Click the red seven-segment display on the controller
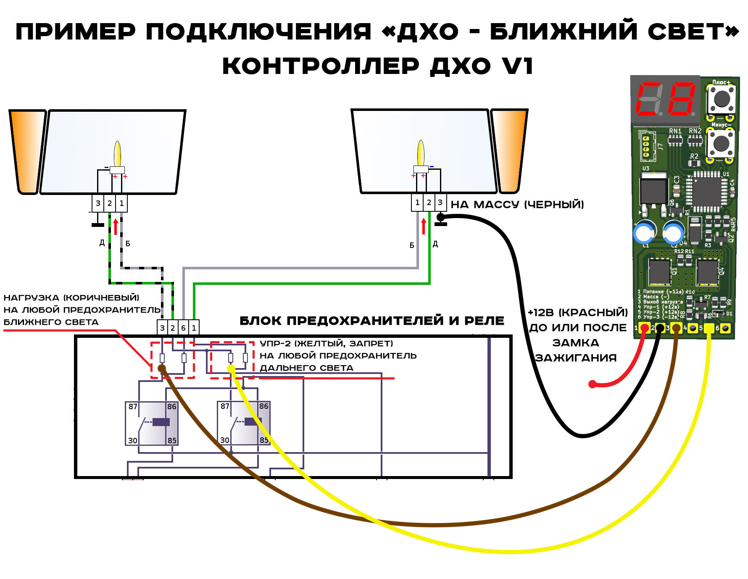(666, 100)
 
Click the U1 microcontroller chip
(707, 192)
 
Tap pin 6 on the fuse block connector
(183, 328)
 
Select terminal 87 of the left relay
(133, 407)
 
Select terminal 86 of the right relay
(263, 406)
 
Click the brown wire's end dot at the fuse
(161, 368)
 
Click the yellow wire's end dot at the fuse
(231, 368)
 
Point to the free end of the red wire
(592, 384)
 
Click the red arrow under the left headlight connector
(116, 226)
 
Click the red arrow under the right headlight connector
(424, 226)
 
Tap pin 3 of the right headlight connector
(440, 203)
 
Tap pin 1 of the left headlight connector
(121, 203)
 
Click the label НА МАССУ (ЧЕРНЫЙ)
(517, 205)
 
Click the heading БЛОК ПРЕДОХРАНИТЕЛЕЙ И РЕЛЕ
(371, 321)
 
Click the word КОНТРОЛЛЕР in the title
(320, 66)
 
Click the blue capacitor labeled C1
(644, 232)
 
